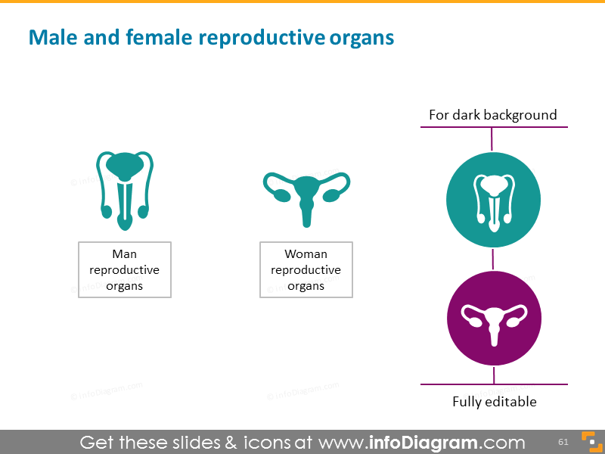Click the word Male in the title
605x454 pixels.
48,37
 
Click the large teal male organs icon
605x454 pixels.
124,190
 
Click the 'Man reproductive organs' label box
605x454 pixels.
125,270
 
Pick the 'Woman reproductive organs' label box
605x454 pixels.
306,270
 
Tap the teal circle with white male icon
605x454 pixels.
493,199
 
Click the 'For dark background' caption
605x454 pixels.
492,115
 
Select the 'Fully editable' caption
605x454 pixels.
494,402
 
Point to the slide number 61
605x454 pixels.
563,442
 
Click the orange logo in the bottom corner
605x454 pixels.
588,442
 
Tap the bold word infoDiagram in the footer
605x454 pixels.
423,443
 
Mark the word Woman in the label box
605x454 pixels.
306,254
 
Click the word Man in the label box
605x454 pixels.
124,254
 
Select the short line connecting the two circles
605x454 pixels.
493,259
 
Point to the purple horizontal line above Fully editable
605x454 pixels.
494,385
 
